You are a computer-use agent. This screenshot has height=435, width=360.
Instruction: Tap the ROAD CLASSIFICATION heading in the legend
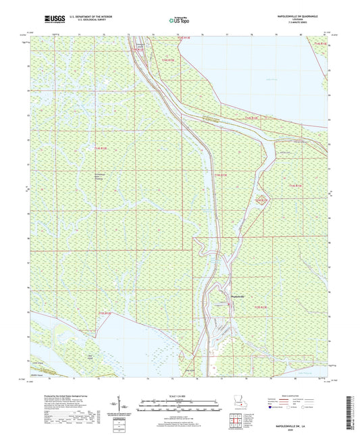(x=294, y=395)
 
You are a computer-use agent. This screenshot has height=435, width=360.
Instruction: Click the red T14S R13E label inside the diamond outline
(x=261, y=201)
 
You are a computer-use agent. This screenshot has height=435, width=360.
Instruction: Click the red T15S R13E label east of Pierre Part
(x=261, y=308)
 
